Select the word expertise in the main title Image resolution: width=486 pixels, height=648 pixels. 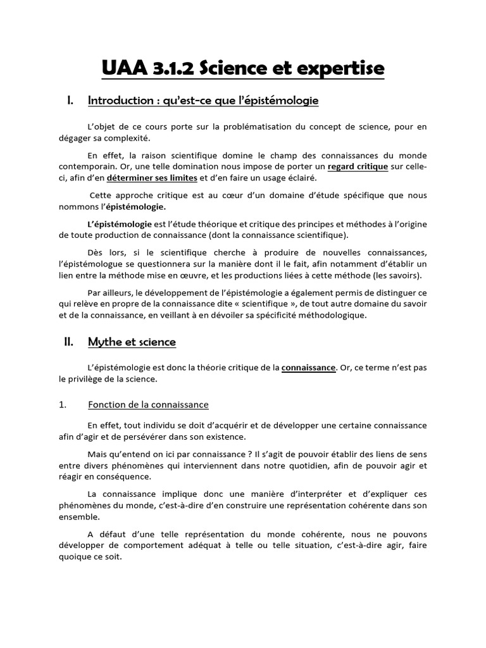pos(343,68)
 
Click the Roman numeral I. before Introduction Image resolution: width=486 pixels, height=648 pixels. pos(71,100)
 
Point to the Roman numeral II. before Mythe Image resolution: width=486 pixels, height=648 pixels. pos(70,342)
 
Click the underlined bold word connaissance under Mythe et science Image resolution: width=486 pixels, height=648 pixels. pos(308,367)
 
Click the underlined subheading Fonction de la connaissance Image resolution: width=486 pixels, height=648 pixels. pos(148,404)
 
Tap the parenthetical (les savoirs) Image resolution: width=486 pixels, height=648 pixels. pos(397,275)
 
